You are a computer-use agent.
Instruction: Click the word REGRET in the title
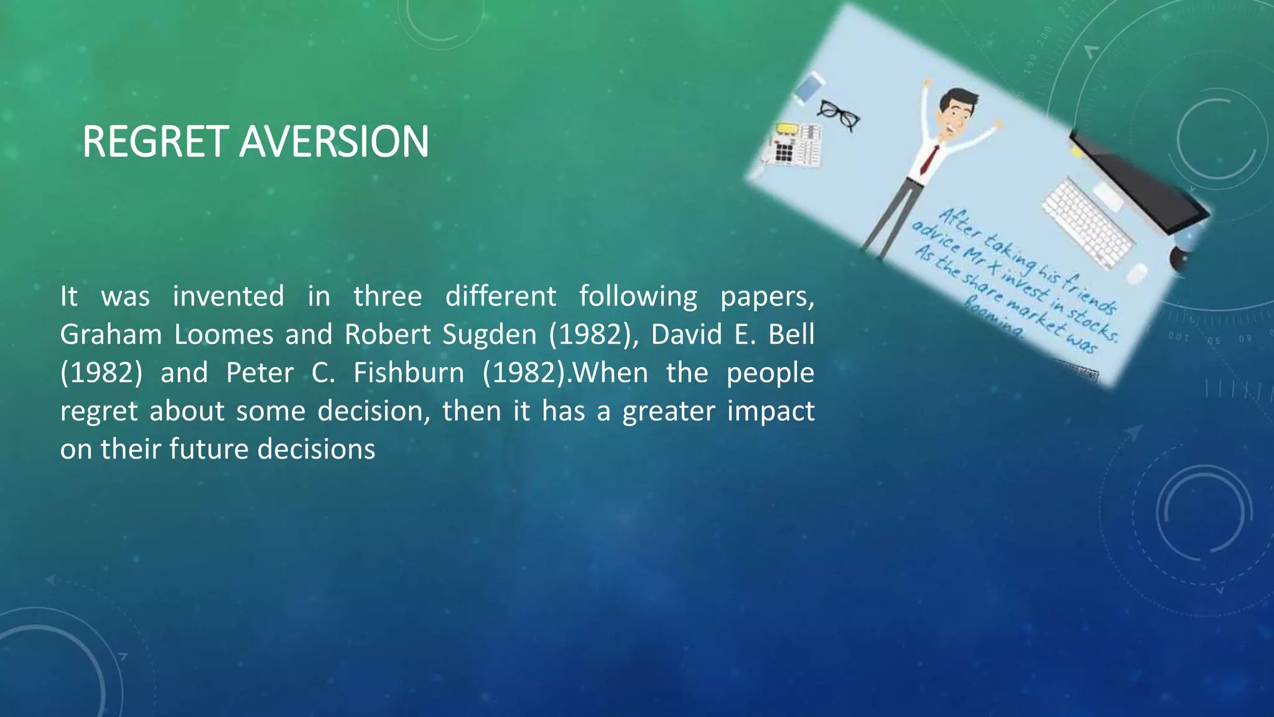[x=156, y=142]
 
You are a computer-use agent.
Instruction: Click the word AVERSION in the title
[x=334, y=142]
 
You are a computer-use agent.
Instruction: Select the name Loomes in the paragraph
[x=223, y=335]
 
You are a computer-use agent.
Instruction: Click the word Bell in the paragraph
[x=791, y=335]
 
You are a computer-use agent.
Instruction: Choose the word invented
[x=228, y=296]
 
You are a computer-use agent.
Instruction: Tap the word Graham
[x=111, y=335]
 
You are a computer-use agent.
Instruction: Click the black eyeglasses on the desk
[x=839, y=115]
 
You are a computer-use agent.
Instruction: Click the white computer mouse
[x=1137, y=273]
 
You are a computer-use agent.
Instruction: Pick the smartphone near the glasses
[x=807, y=87]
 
